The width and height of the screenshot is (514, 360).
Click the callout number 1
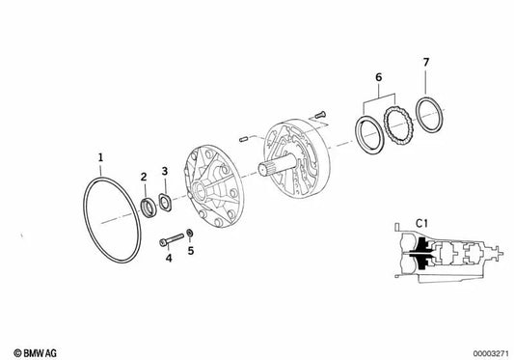click(x=100, y=157)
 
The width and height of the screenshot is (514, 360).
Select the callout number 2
click(x=144, y=177)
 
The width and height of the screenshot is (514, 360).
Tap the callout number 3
click(x=165, y=171)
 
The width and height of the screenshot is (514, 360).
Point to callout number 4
click(x=169, y=259)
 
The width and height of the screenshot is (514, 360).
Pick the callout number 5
click(x=191, y=251)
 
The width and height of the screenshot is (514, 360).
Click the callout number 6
click(x=379, y=77)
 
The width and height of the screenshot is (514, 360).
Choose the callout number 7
click(x=426, y=62)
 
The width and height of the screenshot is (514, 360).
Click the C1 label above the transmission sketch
click(x=421, y=224)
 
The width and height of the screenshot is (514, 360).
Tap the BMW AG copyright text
click(x=35, y=353)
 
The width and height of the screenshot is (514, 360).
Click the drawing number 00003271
click(x=491, y=353)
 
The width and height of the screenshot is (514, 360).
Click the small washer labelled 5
click(x=189, y=233)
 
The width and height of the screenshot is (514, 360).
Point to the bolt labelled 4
click(x=172, y=239)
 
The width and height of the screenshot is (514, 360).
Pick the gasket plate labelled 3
click(x=165, y=203)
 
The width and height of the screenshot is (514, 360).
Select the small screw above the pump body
click(x=320, y=115)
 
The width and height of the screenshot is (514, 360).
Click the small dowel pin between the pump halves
click(x=243, y=139)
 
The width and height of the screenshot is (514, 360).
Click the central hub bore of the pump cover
click(x=199, y=189)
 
